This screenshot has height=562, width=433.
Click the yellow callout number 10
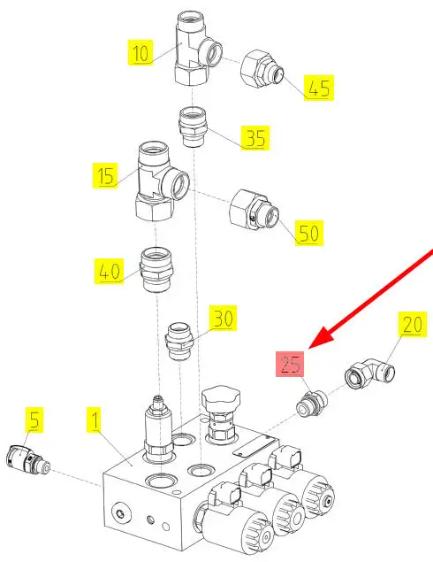[141, 53]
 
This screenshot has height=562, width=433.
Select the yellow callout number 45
[319, 88]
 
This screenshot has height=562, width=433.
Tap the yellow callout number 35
[255, 138]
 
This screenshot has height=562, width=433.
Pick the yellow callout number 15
[105, 175]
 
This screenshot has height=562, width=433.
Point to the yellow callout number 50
[309, 233]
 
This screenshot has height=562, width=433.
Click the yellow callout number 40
[110, 271]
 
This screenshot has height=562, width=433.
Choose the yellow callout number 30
[223, 318]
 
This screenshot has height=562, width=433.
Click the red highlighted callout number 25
[290, 364]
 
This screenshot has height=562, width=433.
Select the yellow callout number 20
[413, 325]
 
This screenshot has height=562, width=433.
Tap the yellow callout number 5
[34, 420]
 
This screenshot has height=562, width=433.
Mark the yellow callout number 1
[95, 420]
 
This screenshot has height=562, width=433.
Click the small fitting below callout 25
[312, 404]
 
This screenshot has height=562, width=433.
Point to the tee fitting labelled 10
[198, 49]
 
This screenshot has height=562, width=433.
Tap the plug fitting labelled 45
[262, 69]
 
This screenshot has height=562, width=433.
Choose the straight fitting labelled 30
[180, 342]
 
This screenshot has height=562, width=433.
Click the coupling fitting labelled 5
[28, 460]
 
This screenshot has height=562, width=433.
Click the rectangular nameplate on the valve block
[255, 445]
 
